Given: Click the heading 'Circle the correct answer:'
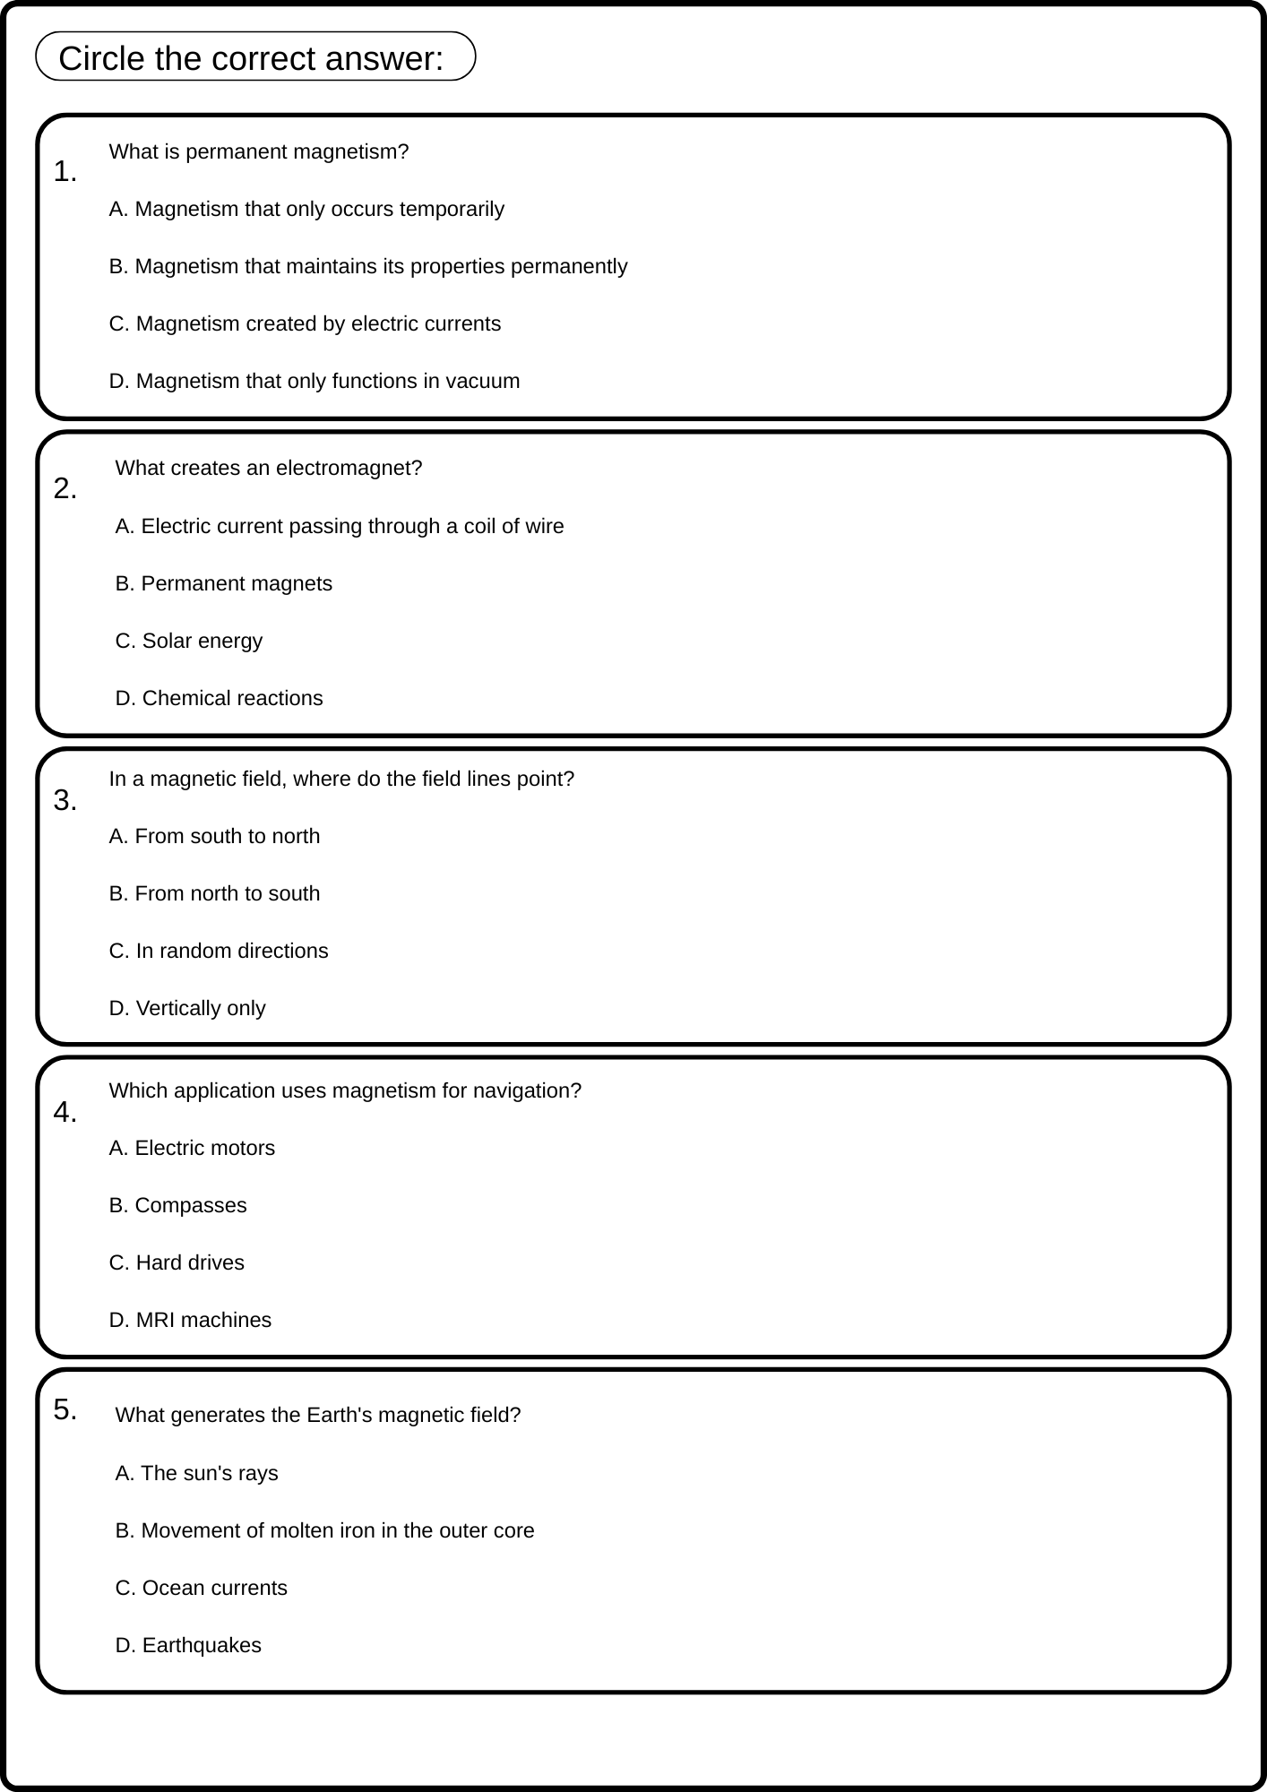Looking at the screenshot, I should (251, 59).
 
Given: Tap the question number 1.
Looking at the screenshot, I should (65, 172).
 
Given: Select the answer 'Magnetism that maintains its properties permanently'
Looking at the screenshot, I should (368, 267).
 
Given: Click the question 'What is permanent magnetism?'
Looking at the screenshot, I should (258, 152).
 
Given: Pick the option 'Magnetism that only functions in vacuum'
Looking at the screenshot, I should (315, 382).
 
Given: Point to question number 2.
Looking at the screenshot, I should (65, 489).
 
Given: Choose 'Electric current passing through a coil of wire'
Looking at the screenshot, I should (340, 527).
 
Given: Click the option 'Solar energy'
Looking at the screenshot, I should (189, 642).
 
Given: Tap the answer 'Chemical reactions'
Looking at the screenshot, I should (220, 699).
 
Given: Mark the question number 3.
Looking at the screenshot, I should (65, 801).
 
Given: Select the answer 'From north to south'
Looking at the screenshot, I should (214, 894).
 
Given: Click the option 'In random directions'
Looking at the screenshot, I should (219, 952).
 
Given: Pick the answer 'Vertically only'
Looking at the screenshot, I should (187, 1009).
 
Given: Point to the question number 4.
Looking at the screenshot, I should (65, 1113).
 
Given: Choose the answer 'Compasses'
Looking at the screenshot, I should (177, 1206).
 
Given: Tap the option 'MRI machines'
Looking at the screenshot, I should (190, 1321).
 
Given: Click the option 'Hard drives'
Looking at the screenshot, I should (177, 1263).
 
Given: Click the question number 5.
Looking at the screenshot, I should (65, 1410).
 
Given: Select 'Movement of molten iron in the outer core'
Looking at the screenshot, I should (324, 1531).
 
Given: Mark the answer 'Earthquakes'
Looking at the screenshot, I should (188, 1646).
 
